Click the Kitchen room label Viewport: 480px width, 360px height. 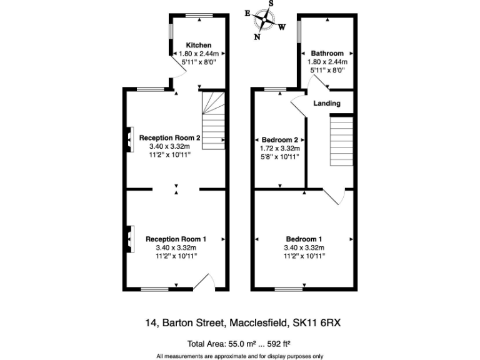(x=199, y=46)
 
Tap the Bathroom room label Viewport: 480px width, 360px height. (x=327, y=54)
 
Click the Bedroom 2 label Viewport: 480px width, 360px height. (x=279, y=139)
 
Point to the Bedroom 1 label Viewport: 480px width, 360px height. (x=304, y=239)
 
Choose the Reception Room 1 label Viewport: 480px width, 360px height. (x=176, y=239)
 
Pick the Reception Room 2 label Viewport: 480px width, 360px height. (x=169, y=138)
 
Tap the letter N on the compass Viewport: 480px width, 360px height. (x=257, y=36)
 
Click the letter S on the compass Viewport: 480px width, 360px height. (x=271, y=3)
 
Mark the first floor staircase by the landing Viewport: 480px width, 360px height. (x=341, y=143)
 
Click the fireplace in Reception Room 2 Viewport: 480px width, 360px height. (x=129, y=139)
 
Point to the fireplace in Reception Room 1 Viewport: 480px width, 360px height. (x=129, y=239)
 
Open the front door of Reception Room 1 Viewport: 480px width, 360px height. (x=204, y=282)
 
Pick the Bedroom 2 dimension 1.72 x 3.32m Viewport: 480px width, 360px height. (x=279, y=148)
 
